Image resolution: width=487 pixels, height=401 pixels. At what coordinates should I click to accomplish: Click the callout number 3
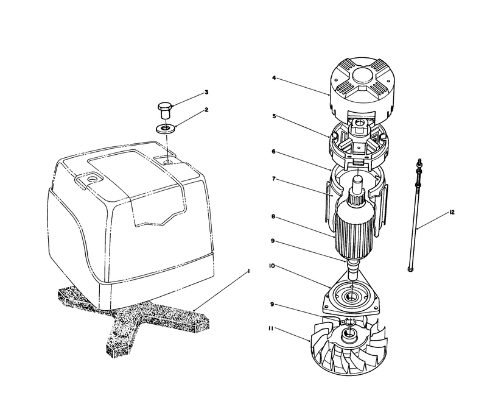coord(206,92)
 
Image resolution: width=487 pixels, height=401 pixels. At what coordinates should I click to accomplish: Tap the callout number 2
coord(206,110)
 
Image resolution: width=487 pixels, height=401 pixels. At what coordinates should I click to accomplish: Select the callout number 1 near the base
coord(248,271)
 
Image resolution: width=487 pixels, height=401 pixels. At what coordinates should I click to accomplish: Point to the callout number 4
coord(273,78)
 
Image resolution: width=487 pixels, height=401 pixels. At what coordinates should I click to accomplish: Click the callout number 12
coord(452,212)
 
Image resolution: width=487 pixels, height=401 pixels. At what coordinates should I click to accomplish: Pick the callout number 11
coord(271,328)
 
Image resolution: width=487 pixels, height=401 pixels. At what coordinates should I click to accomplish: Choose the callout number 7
coord(273,179)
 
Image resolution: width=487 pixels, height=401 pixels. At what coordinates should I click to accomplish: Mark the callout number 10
coord(272,266)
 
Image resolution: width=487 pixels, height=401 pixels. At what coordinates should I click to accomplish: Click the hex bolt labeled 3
coord(164,111)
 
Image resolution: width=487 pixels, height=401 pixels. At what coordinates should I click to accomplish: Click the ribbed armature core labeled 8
coord(354,230)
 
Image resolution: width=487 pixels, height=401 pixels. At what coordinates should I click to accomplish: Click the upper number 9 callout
coord(273,241)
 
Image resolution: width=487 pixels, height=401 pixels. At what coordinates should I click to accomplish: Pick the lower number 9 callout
coord(272,304)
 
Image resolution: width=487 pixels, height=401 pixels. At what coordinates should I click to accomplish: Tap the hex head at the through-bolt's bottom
coord(410,269)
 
